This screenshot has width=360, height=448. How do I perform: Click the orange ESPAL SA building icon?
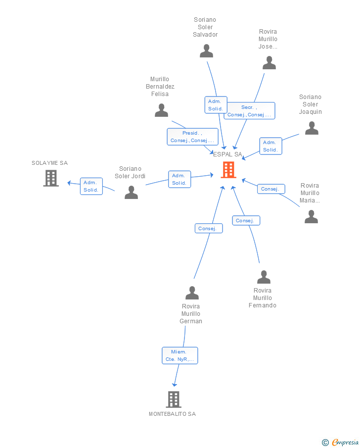pyautogui.click(x=228, y=170)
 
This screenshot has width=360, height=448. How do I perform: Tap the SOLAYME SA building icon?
pyautogui.click(x=51, y=178)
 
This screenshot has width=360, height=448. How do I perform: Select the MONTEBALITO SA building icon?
pyautogui.click(x=174, y=399)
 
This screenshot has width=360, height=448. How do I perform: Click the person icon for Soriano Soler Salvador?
pyautogui.click(x=206, y=51)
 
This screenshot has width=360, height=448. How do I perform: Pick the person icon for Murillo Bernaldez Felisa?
pyautogui.click(x=161, y=110)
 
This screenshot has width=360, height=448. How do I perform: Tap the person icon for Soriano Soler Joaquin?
pyautogui.click(x=312, y=128)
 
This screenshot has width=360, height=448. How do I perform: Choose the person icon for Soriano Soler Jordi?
pyautogui.click(x=132, y=192)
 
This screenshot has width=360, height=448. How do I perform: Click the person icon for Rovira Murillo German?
pyautogui.click(x=192, y=293)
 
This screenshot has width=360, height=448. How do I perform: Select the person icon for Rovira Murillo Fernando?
pyautogui.click(x=264, y=277)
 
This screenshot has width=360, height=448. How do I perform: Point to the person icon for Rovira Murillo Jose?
pyautogui.click(x=269, y=63)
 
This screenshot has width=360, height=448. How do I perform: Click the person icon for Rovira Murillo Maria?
pyautogui.click(x=311, y=216)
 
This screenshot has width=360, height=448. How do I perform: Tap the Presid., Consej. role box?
pyautogui.click(x=193, y=137)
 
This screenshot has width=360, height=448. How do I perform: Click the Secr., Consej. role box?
pyautogui.click(x=249, y=111)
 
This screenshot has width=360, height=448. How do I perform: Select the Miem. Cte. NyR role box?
pyautogui.click(x=180, y=356)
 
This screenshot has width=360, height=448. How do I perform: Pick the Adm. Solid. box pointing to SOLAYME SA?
pyautogui.click(x=91, y=186)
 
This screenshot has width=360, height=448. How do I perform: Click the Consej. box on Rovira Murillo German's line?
pyautogui.click(x=209, y=229)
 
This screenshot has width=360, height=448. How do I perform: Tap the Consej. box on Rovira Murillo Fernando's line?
pyautogui.click(x=246, y=221)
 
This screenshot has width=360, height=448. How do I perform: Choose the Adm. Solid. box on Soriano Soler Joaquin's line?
pyautogui.click(x=270, y=147)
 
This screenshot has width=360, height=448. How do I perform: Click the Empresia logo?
pyautogui.click(x=340, y=442)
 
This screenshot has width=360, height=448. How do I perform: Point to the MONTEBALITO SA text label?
pyautogui.click(x=173, y=414)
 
